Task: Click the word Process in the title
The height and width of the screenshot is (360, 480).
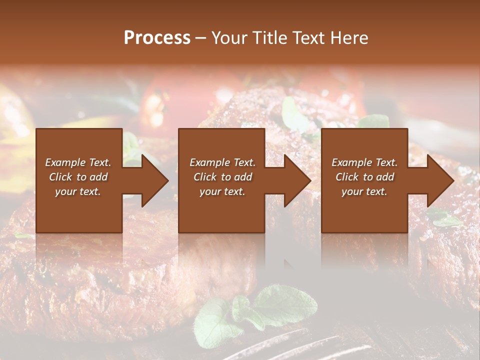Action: coord(157,37)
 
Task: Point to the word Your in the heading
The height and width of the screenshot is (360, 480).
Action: coord(230,37)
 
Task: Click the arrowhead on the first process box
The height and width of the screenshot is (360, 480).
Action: coord(153,180)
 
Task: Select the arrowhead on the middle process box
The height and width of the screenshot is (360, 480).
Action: coord(295,180)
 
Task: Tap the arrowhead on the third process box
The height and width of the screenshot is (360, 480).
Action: coord(438,180)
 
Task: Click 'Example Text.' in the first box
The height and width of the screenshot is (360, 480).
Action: coord(78,162)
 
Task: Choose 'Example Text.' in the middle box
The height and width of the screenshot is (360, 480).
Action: coord(222,162)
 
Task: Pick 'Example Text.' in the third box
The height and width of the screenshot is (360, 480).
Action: coord(364,162)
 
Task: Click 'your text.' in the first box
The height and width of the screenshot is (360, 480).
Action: coord(78,191)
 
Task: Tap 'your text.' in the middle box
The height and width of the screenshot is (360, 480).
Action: coord(222,191)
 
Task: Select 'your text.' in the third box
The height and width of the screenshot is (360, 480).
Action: coord(364,191)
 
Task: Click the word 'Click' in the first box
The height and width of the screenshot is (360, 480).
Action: coord(60,177)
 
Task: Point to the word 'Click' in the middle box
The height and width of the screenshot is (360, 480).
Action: coord(205,177)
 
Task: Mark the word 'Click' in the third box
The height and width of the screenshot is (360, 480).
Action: coord(347,177)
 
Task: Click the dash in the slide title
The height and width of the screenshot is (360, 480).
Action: coord(201,38)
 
